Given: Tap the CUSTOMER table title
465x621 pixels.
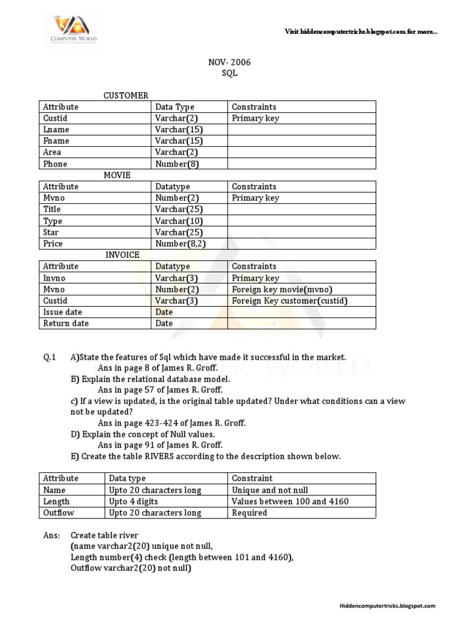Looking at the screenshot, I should pos(126,95).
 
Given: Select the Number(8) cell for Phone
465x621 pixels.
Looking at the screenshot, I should pos(177,164).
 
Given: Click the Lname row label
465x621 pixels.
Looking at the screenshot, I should pos(56,130).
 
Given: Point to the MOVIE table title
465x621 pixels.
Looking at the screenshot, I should pos(117,175).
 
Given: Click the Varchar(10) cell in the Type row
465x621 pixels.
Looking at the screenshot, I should pos(179,221).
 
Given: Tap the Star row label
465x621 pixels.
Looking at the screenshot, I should pos(51,232).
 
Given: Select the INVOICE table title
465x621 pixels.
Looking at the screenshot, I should pos(122,255).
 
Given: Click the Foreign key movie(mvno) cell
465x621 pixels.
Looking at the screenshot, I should pos(283,289).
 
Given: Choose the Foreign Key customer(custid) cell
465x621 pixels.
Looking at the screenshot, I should pos(290,301).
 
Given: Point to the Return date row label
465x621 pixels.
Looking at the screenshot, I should pos(66,323).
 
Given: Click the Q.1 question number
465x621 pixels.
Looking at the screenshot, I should pos(49,358).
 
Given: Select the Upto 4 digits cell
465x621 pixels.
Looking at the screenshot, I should pos(136,502).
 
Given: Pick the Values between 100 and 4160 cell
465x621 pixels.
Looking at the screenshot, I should pos(290,502).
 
